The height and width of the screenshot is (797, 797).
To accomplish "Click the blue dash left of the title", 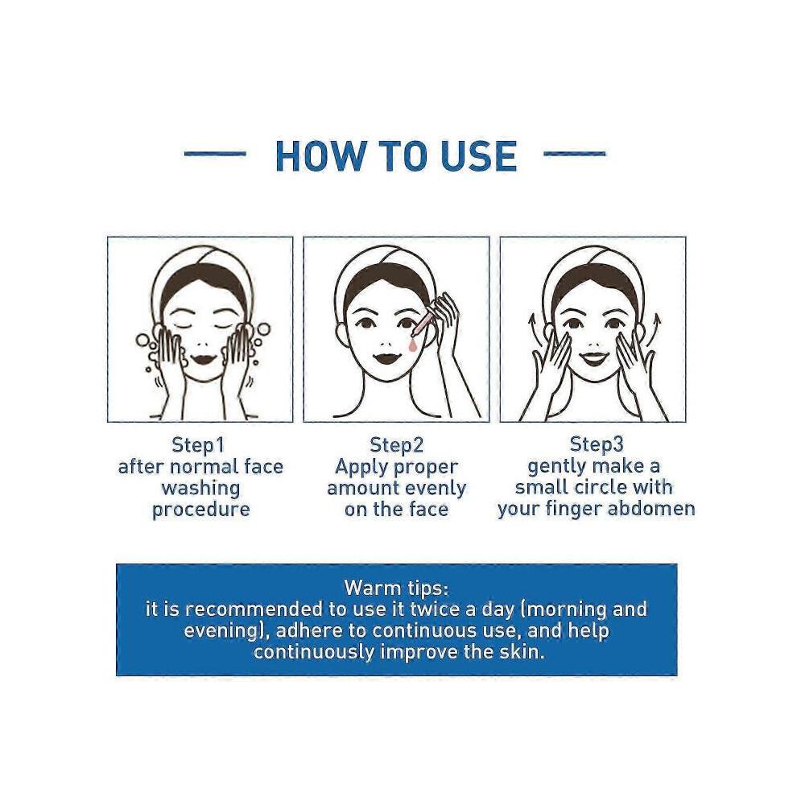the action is pyautogui.click(x=215, y=153).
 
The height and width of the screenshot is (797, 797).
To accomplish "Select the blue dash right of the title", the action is pyautogui.click(x=574, y=153).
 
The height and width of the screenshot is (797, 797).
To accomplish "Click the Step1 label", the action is pyautogui.click(x=198, y=444).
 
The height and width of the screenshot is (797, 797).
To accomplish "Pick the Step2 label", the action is pyautogui.click(x=396, y=444).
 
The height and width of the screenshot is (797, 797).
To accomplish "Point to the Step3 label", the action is pyautogui.click(x=597, y=444).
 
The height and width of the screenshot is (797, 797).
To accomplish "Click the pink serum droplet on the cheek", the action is pyautogui.click(x=411, y=345).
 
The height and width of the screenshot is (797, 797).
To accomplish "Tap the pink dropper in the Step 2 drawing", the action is pyautogui.click(x=424, y=321).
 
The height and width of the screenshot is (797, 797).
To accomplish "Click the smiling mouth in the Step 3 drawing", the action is pyautogui.click(x=593, y=357).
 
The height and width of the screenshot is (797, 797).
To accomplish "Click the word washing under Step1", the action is pyautogui.click(x=200, y=489).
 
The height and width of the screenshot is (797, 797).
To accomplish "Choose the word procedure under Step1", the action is pyautogui.click(x=200, y=510).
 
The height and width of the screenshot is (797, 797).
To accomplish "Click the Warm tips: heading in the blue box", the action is pyautogui.click(x=396, y=588).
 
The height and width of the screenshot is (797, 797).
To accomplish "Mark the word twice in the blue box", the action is pyautogui.click(x=434, y=609).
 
